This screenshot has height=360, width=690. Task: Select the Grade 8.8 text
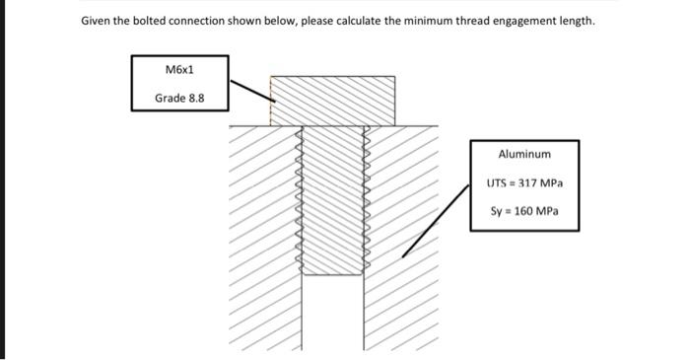(x=179, y=98)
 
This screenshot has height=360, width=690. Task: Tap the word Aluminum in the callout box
(x=524, y=155)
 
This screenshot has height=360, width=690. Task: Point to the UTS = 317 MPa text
(x=524, y=183)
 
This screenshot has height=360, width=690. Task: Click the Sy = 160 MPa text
(x=524, y=212)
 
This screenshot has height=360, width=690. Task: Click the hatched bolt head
(x=332, y=100)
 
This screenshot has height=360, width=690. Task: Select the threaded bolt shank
(x=332, y=197)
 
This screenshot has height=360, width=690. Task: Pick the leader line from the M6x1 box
(x=250, y=92)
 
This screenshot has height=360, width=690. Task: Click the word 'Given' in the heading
(x=97, y=21)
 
